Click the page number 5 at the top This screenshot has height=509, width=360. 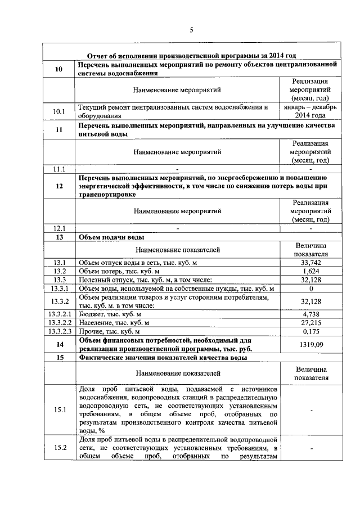[x=191, y=30]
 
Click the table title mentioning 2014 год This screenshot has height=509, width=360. [x=191, y=55]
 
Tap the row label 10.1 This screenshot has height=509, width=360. [x=59, y=111]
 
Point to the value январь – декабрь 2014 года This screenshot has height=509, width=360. [x=310, y=111]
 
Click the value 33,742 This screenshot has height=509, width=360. [x=310, y=263]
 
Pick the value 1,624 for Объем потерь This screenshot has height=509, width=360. [x=310, y=271]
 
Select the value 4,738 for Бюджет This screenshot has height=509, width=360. [x=310, y=314]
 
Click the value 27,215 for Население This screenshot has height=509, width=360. [x=310, y=323]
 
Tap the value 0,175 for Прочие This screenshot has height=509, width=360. [x=310, y=332]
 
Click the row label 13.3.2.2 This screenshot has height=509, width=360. [x=59, y=323]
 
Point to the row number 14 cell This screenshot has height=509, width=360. [x=59, y=345]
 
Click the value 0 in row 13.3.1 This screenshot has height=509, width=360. [x=310, y=289]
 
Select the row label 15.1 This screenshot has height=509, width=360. [x=59, y=409]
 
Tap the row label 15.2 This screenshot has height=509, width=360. [x=59, y=448]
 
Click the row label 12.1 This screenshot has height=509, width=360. [x=59, y=228]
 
